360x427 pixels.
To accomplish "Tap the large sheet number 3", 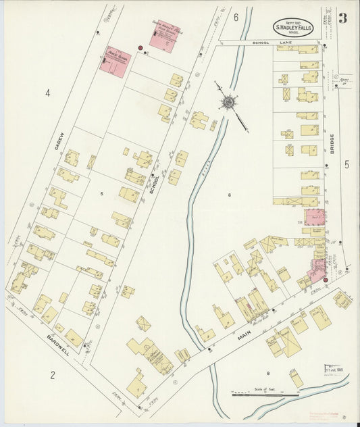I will pos(343,18).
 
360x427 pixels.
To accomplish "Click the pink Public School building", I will pos(115,61).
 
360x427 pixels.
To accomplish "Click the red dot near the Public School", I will pos(140,48).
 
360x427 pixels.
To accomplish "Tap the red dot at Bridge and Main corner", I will pos(326,280).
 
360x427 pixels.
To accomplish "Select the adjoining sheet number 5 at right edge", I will pos(346,164).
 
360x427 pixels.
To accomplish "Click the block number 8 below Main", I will pos(267,372).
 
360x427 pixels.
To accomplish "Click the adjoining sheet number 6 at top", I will pos(236,17).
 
